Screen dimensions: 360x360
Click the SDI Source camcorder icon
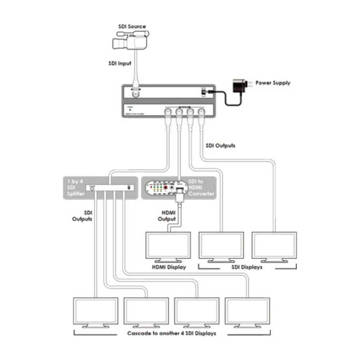(130, 40)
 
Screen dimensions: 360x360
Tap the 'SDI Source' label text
(132, 27)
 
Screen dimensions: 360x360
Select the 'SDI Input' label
(120, 63)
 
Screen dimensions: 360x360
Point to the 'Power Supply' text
(273, 83)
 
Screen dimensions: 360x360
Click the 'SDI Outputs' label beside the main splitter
(220, 146)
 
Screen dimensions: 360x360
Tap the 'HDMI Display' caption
(168, 267)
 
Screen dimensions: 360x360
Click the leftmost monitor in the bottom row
(95, 311)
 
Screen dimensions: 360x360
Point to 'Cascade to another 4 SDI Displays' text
(172, 333)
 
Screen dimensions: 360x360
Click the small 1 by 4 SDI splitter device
(110, 188)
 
